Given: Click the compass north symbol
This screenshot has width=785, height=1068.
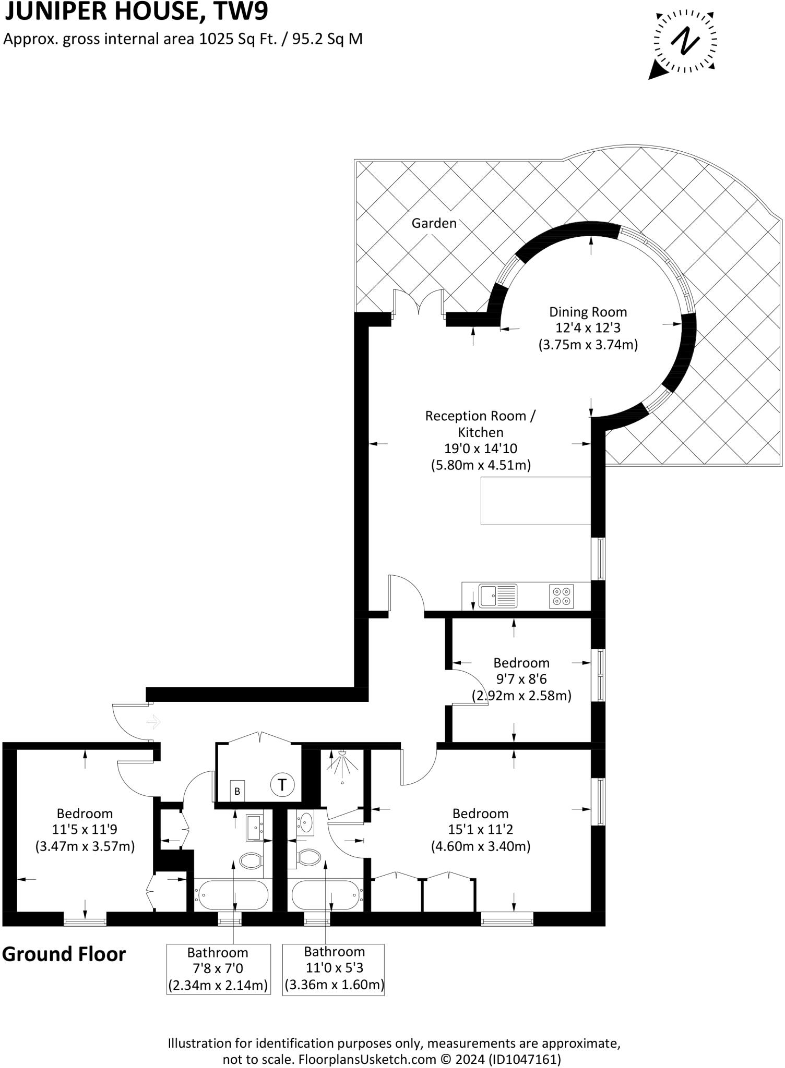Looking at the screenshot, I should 685,41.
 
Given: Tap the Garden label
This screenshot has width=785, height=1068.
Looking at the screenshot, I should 434,223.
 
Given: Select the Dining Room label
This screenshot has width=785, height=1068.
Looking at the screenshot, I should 588,312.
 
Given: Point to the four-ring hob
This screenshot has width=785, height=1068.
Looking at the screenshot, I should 562,596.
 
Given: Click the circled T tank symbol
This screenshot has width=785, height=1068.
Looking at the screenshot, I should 282,784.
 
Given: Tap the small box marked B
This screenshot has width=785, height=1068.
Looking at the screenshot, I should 237,791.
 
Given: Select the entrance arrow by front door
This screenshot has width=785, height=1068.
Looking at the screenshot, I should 154,722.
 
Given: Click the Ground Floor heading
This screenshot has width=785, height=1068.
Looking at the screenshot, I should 64,954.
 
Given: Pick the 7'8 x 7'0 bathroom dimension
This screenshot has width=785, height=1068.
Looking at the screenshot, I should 218,969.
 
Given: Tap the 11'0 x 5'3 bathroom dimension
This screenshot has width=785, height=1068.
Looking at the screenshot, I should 334,968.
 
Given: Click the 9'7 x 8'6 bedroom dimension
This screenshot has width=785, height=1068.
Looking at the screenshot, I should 521,679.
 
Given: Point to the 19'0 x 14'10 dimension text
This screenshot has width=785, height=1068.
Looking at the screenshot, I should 480,448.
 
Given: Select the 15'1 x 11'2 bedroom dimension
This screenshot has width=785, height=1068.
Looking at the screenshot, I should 480,830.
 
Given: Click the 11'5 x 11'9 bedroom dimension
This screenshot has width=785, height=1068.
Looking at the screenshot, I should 85,830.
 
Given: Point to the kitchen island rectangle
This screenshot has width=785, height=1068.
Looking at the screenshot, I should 536,501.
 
